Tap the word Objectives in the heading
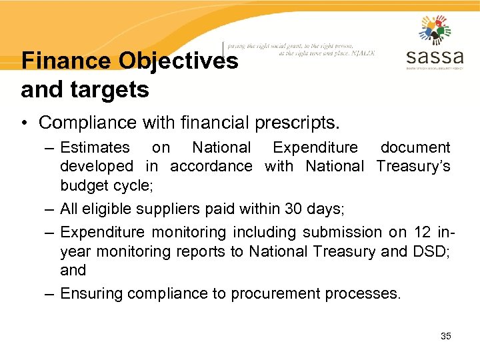tap(178, 61)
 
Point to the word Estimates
tap(95, 147)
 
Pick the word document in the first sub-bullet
tap(415, 147)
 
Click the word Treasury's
tap(413, 165)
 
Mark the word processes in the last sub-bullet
tap(366, 293)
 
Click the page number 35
tap(446, 336)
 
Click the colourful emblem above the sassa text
tap(435, 30)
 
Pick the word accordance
tap(211, 165)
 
